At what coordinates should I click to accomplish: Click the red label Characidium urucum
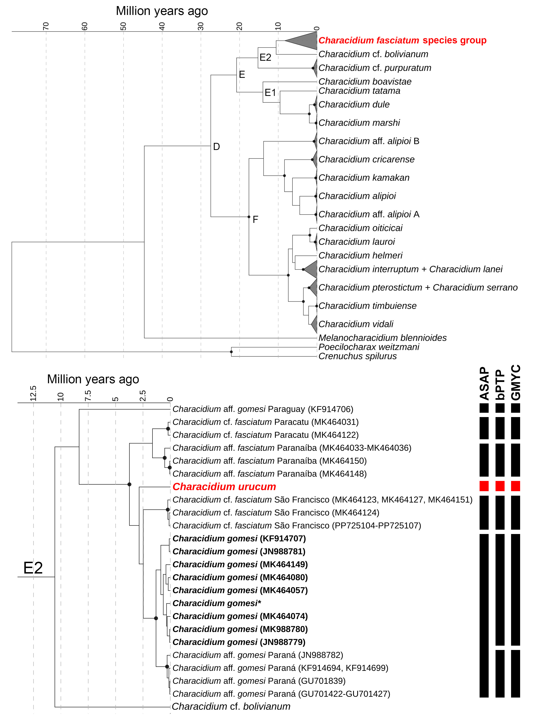click(224, 487)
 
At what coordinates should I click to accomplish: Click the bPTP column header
click(500, 384)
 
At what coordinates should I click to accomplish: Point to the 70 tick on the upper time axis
click(46, 26)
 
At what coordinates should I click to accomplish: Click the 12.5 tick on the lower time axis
click(33, 394)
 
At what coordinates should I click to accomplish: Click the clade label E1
click(270, 93)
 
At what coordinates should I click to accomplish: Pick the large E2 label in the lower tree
click(33, 568)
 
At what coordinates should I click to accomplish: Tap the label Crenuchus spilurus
click(357, 356)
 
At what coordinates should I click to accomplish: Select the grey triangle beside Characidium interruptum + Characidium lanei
click(311, 269)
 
